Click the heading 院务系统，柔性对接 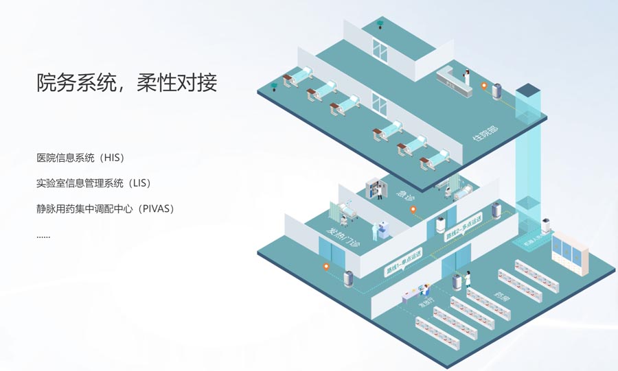(127, 83)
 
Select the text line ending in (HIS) (80, 158)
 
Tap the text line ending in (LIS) (93, 183)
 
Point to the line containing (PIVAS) (106, 208)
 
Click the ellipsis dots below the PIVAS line (43, 235)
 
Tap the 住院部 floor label (485, 134)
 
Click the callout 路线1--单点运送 (404, 263)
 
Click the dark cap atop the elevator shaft (529, 90)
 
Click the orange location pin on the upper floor (485, 87)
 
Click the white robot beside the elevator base (547, 225)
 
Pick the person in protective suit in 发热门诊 (375, 230)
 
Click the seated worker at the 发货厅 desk (426, 289)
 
